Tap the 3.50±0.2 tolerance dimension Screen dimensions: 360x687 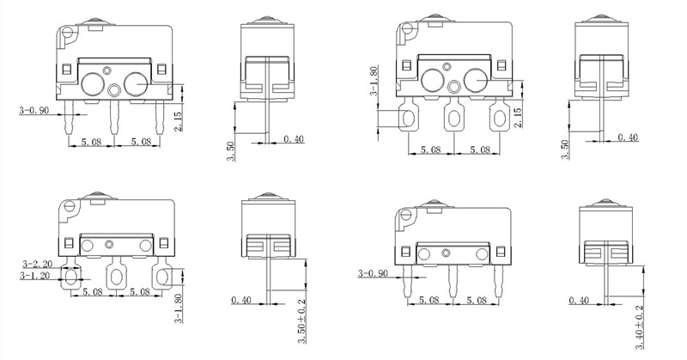pos(301,323)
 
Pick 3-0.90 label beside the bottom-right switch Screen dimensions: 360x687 pos(374,275)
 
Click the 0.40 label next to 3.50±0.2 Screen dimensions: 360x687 pos(242,301)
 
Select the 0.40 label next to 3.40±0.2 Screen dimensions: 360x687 pos(580,301)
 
